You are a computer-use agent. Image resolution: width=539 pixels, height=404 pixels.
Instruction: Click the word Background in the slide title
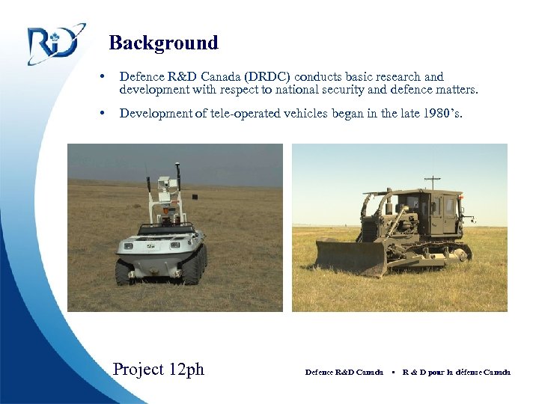[163, 43]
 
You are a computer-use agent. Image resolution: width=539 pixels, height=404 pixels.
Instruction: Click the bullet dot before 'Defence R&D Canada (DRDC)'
[101, 76]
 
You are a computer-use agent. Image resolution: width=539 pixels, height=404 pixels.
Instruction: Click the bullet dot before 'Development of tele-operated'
[101, 114]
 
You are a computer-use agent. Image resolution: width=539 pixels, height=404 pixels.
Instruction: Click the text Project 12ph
[158, 369]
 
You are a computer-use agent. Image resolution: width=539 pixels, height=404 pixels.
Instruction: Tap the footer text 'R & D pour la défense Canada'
[456, 372]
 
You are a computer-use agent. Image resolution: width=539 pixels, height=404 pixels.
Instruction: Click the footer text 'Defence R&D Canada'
[344, 372]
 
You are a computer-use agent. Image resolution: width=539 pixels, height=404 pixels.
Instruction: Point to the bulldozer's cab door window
[448, 206]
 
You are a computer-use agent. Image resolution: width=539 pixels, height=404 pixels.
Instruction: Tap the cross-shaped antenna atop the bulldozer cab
[432, 181]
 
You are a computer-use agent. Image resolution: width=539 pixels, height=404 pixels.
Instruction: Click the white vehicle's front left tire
[125, 271]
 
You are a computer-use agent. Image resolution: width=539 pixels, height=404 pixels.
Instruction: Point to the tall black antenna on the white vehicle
[177, 187]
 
